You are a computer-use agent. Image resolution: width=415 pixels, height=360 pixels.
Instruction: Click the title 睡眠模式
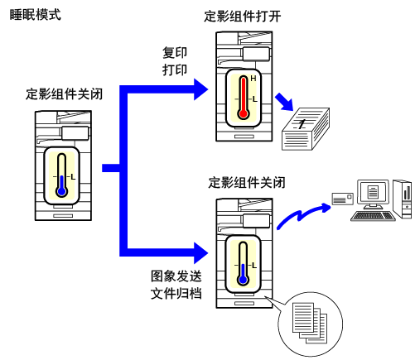pos(35,15)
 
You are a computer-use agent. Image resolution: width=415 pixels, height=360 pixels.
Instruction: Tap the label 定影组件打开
pos(242,17)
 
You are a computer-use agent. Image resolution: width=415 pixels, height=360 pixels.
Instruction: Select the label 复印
pos(175,52)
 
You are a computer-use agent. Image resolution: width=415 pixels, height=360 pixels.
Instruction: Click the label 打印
pos(175,70)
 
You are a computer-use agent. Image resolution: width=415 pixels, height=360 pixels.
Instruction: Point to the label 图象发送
pos(176,276)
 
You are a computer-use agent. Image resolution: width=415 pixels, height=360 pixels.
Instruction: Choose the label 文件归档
pos(176,293)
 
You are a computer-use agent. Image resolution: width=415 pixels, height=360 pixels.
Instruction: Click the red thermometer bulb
pos(244,113)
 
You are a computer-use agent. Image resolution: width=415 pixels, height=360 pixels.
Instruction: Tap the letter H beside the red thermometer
pos(253,79)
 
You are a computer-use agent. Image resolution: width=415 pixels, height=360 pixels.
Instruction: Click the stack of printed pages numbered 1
pos(306,129)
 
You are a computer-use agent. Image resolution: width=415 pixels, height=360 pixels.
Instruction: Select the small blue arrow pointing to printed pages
pos(284,102)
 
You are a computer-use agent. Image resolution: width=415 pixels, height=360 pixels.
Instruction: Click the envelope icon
pos(343,199)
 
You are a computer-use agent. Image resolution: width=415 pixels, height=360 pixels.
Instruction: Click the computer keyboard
pos(373,216)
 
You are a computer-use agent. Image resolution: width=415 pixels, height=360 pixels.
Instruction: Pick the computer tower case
pos(403,199)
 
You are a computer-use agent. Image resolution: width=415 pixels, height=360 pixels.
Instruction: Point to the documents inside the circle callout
pos(310,323)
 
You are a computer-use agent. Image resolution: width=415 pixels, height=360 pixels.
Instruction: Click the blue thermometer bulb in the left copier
pos(61,191)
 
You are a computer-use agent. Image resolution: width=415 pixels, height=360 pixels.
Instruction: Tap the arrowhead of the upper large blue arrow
pos(200,89)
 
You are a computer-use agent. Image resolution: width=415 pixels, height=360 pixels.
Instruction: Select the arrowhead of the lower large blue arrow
pos(200,252)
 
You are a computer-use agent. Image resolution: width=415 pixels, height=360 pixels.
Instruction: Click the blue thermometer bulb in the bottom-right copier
pos(243,280)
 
